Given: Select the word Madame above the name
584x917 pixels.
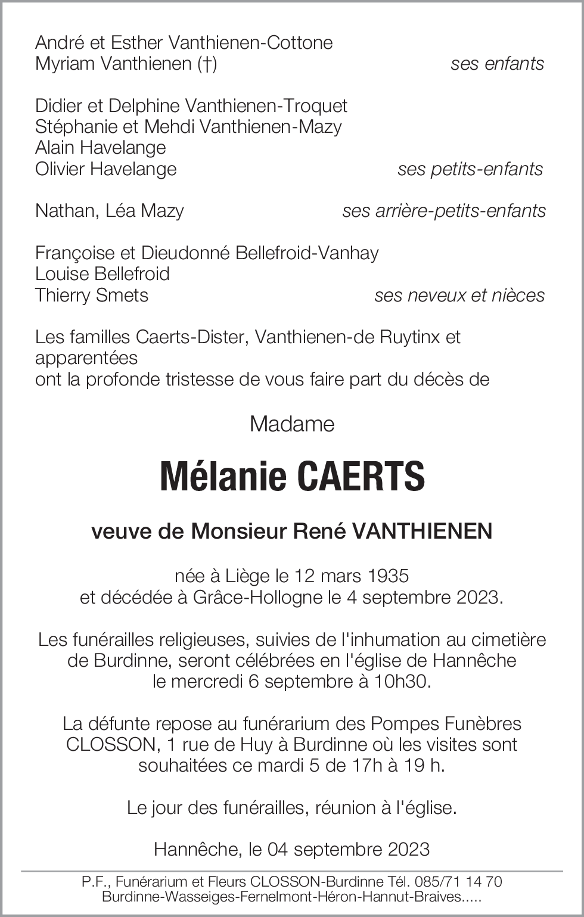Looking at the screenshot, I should [x=292, y=424].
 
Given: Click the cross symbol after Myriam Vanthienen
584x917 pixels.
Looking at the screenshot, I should [x=206, y=64].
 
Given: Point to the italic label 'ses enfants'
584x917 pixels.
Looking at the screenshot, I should [x=497, y=64].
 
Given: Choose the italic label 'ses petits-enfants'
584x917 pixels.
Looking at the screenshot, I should [x=470, y=169].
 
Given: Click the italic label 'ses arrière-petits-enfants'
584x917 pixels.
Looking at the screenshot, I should [x=444, y=211].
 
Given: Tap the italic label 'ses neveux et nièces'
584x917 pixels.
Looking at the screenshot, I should [x=459, y=296].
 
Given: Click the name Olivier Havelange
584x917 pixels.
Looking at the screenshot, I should [x=106, y=169].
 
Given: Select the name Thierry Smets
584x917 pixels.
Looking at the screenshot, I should [x=92, y=296].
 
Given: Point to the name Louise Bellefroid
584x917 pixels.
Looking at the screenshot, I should [x=102, y=274].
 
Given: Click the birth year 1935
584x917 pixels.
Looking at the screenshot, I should [x=388, y=576].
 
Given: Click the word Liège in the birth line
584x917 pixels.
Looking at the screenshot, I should [x=247, y=576].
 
